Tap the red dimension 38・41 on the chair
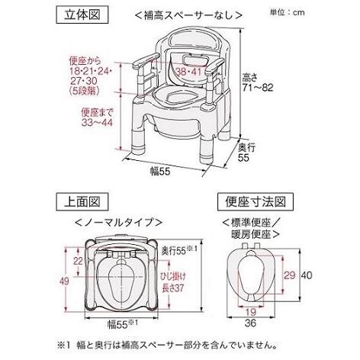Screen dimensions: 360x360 pos(188,73)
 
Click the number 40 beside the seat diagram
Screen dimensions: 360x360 pos(304,275)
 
